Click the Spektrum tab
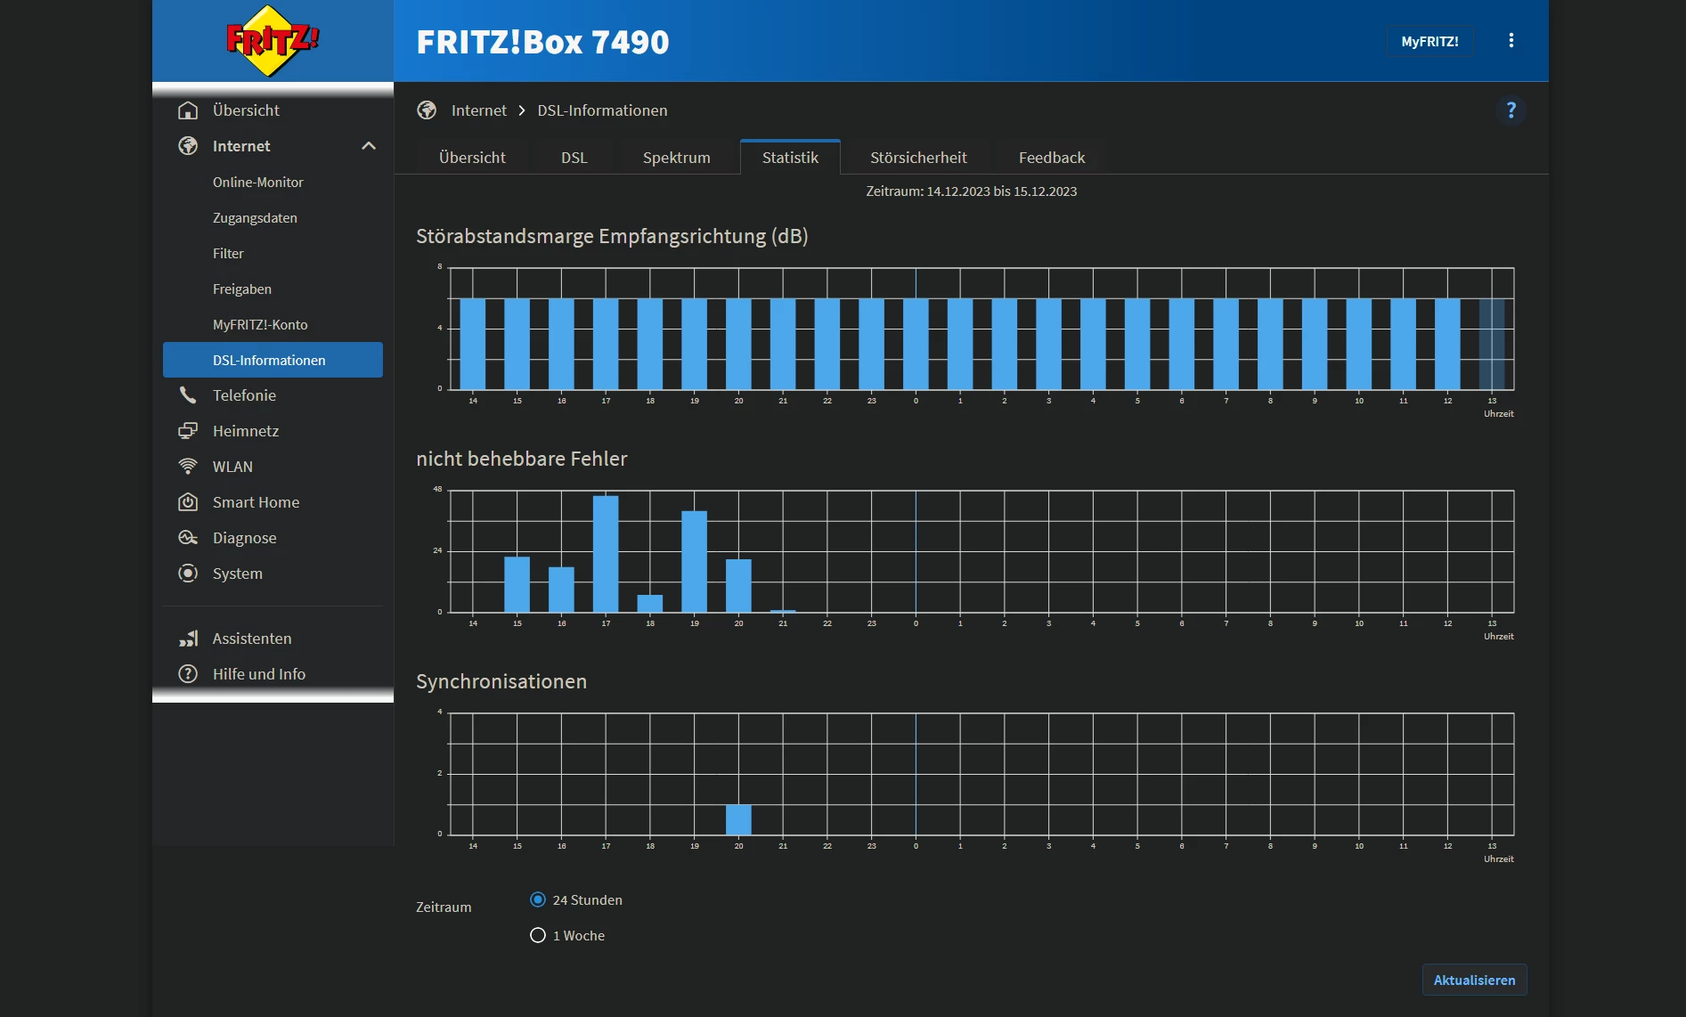676,158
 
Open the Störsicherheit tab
917,158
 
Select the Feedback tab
1051,158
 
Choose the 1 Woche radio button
538,935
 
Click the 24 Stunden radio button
538,899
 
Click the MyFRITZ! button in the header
1429,42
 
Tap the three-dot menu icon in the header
1511,41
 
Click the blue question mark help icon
1511,110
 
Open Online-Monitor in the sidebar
257,182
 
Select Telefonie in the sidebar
244,395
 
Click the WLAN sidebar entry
232,467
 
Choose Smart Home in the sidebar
256,502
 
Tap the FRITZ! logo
273,41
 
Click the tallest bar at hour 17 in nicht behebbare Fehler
606,554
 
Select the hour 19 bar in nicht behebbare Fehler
694,561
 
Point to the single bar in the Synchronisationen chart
738,819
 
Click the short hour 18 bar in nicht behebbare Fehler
650,604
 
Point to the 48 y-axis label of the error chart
437,489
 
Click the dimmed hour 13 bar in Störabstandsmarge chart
1491,344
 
